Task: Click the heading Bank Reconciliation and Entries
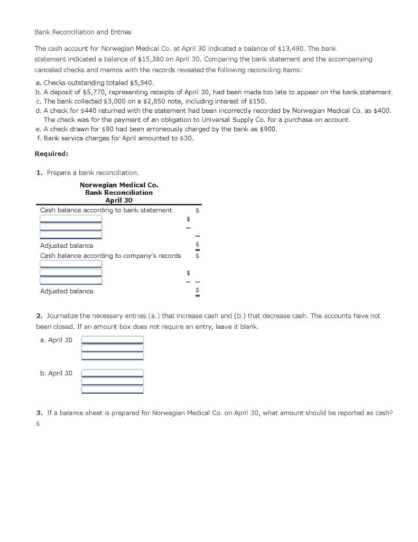click(83, 32)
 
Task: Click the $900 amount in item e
click(267, 129)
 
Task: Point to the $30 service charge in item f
click(185, 138)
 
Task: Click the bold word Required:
click(51, 154)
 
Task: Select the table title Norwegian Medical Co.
click(118, 185)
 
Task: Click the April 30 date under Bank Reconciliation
click(118, 200)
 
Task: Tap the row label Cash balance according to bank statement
click(106, 210)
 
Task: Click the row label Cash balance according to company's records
click(110, 256)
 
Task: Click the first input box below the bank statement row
click(71, 219)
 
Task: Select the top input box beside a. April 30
click(112, 339)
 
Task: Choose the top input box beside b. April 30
click(112, 373)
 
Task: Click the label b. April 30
click(56, 373)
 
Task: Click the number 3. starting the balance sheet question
click(40, 412)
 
